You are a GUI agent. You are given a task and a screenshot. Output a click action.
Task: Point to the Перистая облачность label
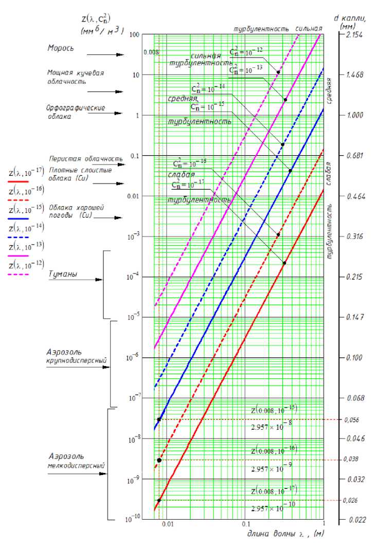[x=86, y=158]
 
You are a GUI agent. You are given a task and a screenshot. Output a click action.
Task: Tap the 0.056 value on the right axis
[x=351, y=419]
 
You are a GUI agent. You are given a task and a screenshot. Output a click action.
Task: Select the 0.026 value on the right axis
[x=351, y=500]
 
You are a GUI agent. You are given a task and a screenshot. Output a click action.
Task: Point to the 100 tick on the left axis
[x=134, y=34]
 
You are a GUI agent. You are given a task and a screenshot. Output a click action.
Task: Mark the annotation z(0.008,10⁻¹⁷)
[x=274, y=490]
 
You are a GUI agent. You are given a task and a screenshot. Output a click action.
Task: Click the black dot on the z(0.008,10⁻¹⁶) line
[x=159, y=460]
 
